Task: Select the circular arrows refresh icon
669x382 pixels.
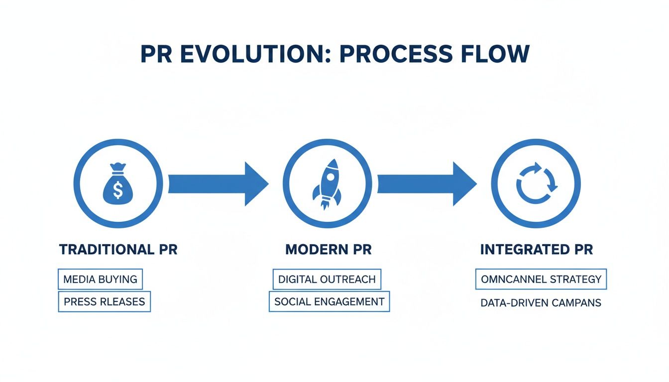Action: point(536,185)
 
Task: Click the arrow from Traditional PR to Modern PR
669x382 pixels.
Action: point(218,184)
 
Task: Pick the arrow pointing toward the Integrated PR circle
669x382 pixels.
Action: point(426,184)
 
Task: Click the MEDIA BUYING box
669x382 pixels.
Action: point(101,280)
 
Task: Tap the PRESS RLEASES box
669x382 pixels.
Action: point(105,301)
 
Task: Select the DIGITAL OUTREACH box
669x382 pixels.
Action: point(327,280)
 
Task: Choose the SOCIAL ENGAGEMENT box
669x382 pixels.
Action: point(329,301)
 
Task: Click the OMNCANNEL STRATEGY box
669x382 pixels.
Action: point(541,280)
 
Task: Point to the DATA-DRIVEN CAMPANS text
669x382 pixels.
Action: point(541,302)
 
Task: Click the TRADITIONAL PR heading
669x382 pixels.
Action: point(118,250)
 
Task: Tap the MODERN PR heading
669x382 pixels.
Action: point(328,250)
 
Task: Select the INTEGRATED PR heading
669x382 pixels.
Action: point(537,250)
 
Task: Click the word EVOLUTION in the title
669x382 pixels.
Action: point(258,54)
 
